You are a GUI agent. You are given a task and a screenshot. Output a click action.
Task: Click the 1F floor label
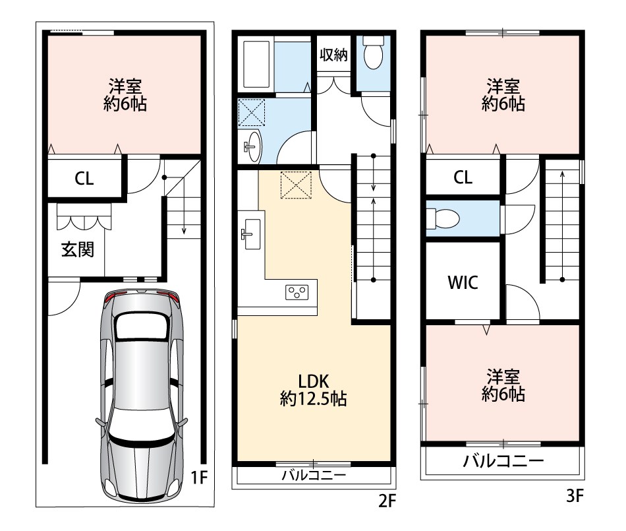click(199, 477)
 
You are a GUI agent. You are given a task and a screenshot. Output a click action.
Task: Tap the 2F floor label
click(386, 501)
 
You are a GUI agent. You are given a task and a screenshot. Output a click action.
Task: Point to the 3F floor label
click(575, 496)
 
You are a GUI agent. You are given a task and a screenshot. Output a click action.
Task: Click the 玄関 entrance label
click(78, 250)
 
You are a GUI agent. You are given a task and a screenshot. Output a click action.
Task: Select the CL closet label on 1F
click(84, 179)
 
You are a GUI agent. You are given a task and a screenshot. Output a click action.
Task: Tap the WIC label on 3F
click(463, 282)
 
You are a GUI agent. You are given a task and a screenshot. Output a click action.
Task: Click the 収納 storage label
click(334, 55)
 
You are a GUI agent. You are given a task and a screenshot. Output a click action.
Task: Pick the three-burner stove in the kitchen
click(297, 292)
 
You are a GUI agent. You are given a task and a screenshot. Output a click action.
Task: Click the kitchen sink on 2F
click(252, 234)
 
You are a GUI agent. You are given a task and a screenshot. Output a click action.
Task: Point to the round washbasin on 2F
click(252, 146)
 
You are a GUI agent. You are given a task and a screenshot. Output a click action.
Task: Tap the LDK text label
click(314, 381)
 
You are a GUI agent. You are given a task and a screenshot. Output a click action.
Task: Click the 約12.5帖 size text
click(314, 399)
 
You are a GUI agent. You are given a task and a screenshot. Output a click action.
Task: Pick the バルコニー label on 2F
click(314, 475)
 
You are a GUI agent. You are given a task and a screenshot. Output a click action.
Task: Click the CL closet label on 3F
click(463, 177)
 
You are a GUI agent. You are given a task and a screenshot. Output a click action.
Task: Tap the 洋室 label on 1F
click(125, 86)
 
